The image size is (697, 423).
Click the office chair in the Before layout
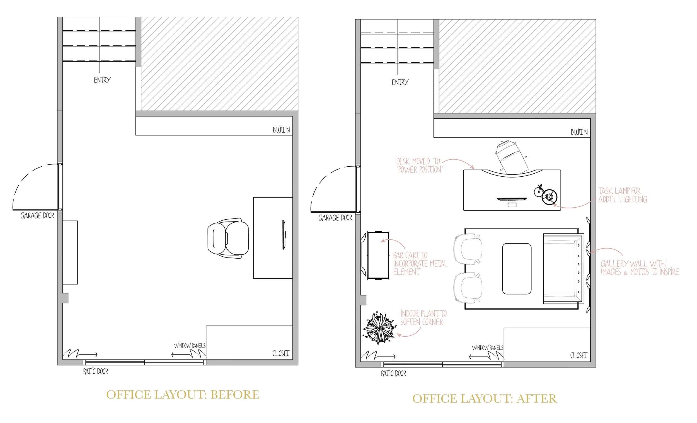228,238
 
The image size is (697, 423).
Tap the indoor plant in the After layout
379,328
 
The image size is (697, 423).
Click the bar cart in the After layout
378,255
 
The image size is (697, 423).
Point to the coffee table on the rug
517,269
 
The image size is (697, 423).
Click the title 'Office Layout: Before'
183,395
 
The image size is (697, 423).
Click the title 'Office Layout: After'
485,399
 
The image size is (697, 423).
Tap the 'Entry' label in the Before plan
102,80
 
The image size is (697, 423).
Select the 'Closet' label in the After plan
579,355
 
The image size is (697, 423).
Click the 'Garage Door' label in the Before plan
37,216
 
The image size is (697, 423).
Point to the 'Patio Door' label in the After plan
393,373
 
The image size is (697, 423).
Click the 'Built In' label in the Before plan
281,130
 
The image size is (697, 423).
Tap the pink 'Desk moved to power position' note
419,166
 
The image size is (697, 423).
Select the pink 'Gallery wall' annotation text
639,268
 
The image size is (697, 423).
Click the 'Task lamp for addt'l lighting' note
623,195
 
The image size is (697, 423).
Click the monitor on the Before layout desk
284,235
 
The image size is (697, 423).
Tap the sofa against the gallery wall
563,269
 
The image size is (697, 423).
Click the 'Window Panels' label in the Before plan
190,346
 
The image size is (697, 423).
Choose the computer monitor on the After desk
512,199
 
